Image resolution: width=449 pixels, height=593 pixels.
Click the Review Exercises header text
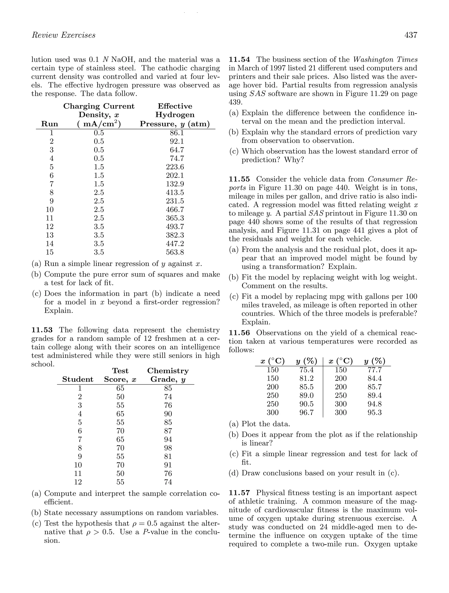(64, 35)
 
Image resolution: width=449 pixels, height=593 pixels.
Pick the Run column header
(50, 124)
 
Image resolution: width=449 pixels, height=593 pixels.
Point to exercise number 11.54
(239, 60)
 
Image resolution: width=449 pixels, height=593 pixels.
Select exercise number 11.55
(239, 179)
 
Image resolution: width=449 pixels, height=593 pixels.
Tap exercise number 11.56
(239, 333)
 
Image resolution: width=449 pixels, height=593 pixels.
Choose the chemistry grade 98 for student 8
(168, 448)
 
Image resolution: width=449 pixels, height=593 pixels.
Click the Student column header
(78, 379)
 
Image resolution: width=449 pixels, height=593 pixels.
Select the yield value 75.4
(306, 370)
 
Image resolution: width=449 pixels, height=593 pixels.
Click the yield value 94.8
(374, 404)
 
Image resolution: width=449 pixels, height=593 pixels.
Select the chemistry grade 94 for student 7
(168, 439)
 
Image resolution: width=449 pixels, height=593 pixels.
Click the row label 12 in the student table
(78, 482)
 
